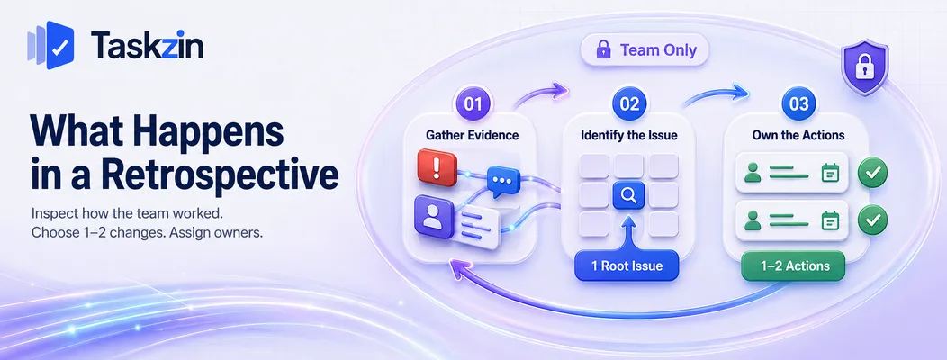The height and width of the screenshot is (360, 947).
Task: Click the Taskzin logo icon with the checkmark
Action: pyautogui.click(x=50, y=45)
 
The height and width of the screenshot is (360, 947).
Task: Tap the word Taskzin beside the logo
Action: pyautogui.click(x=147, y=46)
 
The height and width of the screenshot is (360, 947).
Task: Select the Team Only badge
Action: pyautogui.click(x=645, y=50)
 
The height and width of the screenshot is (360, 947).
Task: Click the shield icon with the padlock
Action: pyautogui.click(x=865, y=67)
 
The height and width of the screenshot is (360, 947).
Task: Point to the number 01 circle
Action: pyautogui.click(x=473, y=103)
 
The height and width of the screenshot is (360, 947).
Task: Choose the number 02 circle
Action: pyautogui.click(x=628, y=103)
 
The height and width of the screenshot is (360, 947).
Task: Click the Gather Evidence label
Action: pyautogui.click(x=473, y=135)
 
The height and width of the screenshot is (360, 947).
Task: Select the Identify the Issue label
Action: pyautogui.click(x=628, y=135)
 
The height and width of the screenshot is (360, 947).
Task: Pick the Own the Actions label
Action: pyautogui.click(x=798, y=135)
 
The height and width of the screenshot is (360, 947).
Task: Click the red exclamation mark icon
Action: pyautogui.click(x=437, y=167)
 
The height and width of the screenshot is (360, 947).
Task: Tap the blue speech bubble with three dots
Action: pyautogui.click(x=503, y=181)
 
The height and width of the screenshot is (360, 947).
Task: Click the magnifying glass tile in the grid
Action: pyautogui.click(x=628, y=195)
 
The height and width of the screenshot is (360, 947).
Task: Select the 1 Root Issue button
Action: pyautogui.click(x=627, y=265)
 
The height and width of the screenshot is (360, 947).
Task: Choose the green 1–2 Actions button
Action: pyautogui.click(x=794, y=265)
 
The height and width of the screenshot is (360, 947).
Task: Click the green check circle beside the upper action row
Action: pyautogui.click(x=872, y=173)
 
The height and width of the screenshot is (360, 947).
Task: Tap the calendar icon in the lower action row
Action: pyautogui.click(x=831, y=220)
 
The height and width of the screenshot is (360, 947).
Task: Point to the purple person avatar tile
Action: pyautogui.click(x=434, y=217)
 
